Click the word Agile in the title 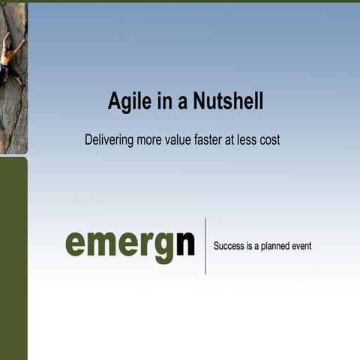[126, 101]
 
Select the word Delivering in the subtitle [109, 140]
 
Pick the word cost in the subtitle [268, 140]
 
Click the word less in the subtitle [244, 140]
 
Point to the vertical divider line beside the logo [205, 246]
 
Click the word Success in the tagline [229, 246]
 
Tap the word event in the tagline [301, 246]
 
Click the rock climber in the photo [10, 60]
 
